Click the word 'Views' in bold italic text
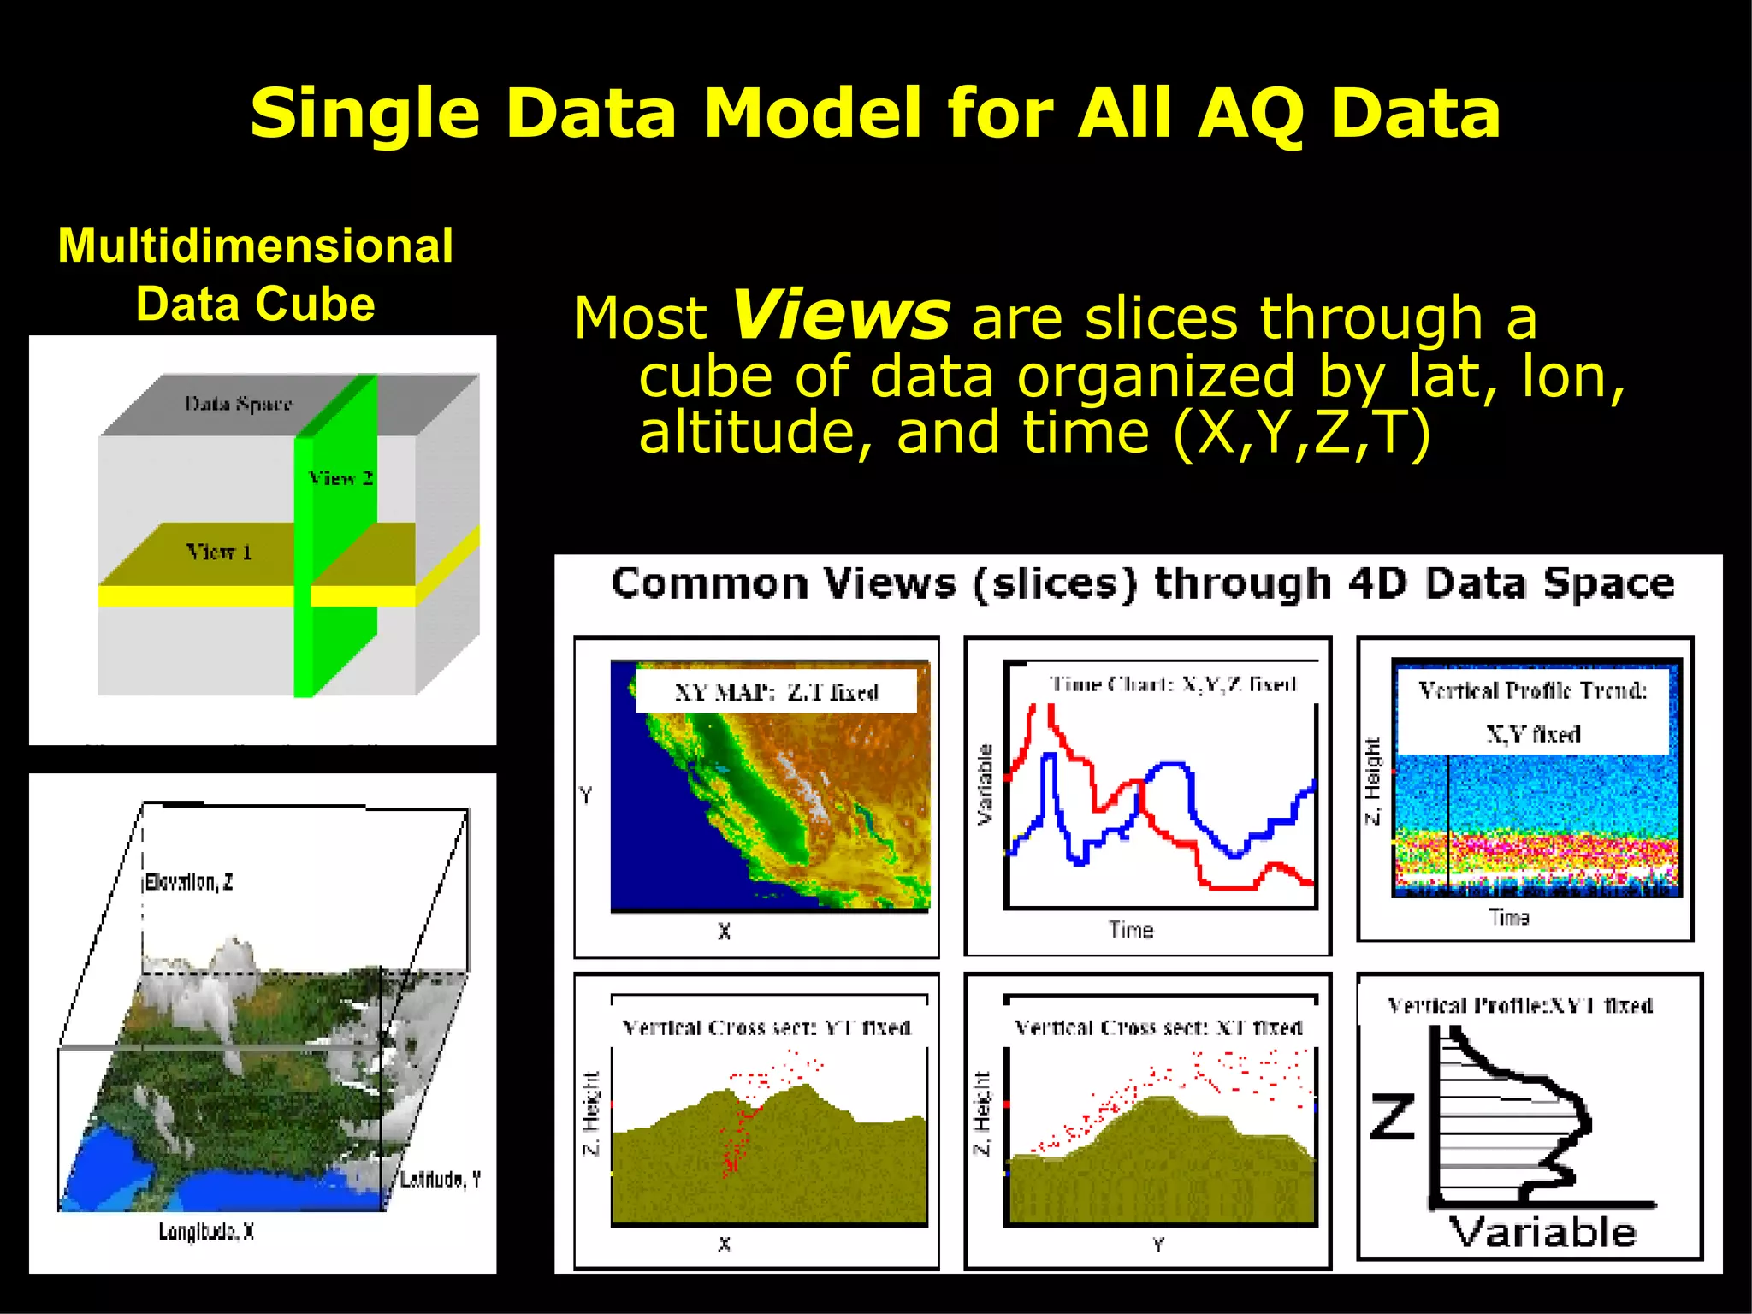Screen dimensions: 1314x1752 tap(841, 317)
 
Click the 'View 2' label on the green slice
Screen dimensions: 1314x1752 tap(340, 478)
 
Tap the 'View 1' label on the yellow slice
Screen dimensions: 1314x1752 tap(219, 553)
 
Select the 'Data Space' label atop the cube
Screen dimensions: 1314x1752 tap(239, 404)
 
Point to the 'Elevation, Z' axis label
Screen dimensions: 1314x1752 tap(188, 882)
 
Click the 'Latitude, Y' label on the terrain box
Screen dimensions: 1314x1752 tap(441, 1181)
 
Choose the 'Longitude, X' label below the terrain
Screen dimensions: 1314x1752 tap(206, 1232)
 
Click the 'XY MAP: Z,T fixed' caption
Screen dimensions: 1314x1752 tap(776, 692)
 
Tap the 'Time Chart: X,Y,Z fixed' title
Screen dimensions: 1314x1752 tap(1173, 684)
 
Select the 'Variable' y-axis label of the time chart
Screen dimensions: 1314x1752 tap(985, 784)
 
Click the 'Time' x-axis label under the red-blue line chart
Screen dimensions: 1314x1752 tap(1131, 930)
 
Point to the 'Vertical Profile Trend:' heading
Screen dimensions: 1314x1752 tap(1532, 690)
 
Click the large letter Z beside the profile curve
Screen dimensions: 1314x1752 tap(1392, 1117)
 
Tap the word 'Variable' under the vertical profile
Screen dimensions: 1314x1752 tap(1542, 1233)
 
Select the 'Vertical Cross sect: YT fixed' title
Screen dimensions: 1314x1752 tap(766, 1027)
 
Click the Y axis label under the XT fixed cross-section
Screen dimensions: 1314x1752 tap(1157, 1245)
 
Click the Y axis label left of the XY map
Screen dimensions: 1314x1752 tap(585, 796)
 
